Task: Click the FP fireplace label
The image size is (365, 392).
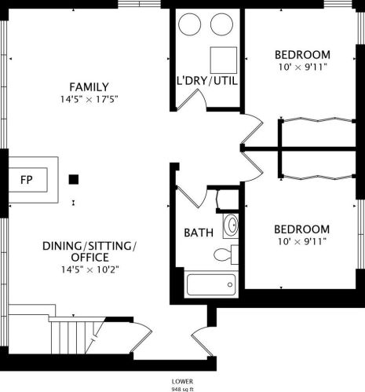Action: [x=25, y=178]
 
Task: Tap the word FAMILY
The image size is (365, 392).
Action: [x=88, y=86]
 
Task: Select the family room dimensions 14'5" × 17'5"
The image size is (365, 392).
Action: [x=88, y=100]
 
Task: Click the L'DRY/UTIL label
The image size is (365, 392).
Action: [x=206, y=81]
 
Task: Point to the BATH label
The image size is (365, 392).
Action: [x=196, y=233]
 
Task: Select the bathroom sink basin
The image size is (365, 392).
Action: [x=231, y=227]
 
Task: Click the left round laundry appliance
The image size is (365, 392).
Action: [x=191, y=24]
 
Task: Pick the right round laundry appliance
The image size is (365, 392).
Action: [x=222, y=24]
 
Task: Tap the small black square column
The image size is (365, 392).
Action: [x=73, y=179]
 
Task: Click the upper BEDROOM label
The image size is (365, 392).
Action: [x=301, y=54]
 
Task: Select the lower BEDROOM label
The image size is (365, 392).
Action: [x=301, y=229]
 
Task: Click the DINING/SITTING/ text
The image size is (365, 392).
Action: [x=89, y=246]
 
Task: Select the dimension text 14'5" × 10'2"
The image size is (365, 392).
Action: [x=88, y=269]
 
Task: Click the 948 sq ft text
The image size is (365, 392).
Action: [x=182, y=387]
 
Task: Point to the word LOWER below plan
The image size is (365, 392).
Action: [x=182, y=380]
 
